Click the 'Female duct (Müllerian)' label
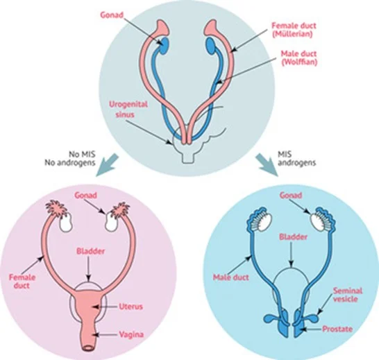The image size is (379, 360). pos(294,29)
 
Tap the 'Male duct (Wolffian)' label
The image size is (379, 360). pos(298,58)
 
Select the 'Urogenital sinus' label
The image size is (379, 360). pos(128,109)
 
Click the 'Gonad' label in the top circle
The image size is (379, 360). pos(112,15)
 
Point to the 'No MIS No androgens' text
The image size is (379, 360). pos(70,158)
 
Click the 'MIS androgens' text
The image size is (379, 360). pos(297,158)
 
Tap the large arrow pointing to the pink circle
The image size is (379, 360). pos(107,166)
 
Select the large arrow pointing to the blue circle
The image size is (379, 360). pos(267,165)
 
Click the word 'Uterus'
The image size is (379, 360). pos(130,307)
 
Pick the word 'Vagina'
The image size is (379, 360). pos(131,334)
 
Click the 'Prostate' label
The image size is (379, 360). pos(337,329)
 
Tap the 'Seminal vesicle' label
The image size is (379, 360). pos(348,295)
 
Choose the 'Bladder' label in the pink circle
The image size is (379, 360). pos(91,251)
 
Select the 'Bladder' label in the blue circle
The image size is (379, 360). pos(293,237)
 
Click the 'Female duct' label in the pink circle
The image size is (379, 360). pos(22,281)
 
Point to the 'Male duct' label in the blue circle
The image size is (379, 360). pos(231,277)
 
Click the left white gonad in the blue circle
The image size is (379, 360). pos(264,221)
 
